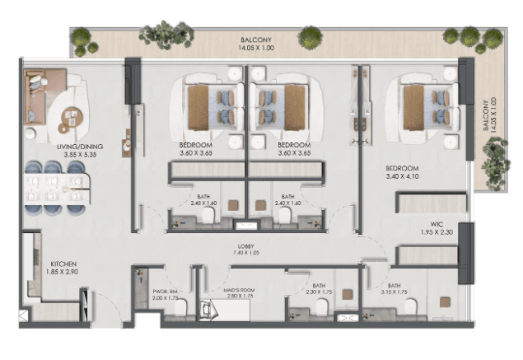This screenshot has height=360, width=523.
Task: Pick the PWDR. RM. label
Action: pyautogui.click(x=166, y=290)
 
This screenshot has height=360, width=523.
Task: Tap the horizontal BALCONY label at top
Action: pyautogui.click(x=257, y=39)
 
